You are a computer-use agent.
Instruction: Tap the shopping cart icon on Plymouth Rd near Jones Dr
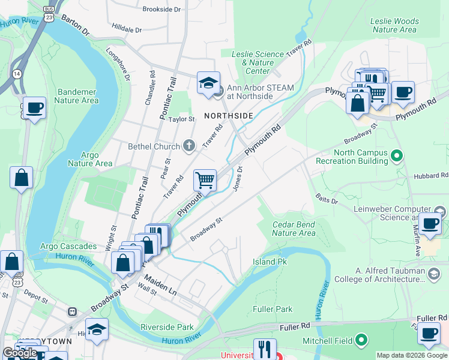[x=205, y=179]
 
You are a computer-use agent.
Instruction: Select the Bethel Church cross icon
[x=189, y=146]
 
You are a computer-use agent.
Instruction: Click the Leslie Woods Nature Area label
[x=394, y=25]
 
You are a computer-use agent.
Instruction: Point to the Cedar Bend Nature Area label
[x=294, y=229]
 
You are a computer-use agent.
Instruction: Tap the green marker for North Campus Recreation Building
[x=396, y=157]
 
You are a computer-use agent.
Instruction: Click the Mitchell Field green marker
[x=361, y=340]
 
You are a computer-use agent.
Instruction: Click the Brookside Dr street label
[x=161, y=10]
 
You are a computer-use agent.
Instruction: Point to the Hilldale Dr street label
[x=127, y=29]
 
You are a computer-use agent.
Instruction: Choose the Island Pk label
[x=270, y=262]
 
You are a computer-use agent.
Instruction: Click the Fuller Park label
[x=273, y=309]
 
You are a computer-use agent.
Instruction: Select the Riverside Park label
[x=167, y=327]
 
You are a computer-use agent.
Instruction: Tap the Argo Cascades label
[x=68, y=246]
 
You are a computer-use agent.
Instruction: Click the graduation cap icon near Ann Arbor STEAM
[x=208, y=83]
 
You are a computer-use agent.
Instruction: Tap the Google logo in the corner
[x=20, y=353]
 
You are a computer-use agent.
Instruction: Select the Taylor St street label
[x=182, y=119]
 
